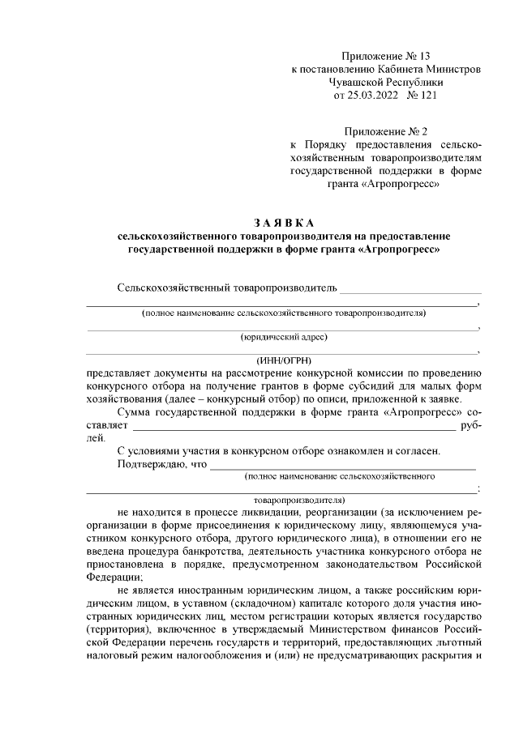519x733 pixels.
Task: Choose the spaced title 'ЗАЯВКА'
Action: coord(283,223)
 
